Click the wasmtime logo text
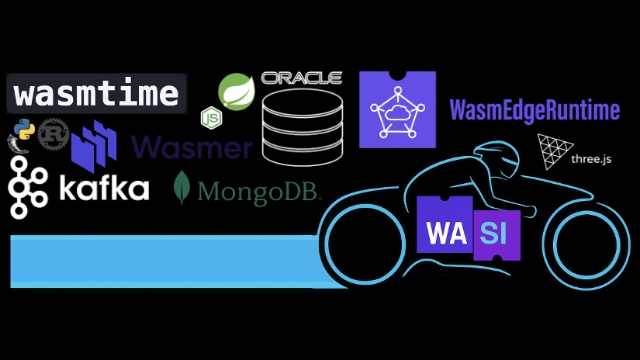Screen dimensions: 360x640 click(x=96, y=94)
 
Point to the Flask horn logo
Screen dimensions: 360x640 click(x=22, y=145)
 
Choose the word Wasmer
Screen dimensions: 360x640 click(x=192, y=147)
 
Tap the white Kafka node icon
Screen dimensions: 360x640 click(x=28, y=186)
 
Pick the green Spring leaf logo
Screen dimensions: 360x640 click(x=237, y=91)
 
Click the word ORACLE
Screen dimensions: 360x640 click(x=302, y=78)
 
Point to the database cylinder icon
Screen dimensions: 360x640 click(x=302, y=126)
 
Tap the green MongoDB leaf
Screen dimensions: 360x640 click(x=184, y=187)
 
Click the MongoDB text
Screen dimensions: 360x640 click(x=259, y=191)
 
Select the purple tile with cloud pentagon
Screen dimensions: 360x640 click(x=397, y=109)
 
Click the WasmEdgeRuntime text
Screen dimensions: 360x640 click(x=534, y=110)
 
